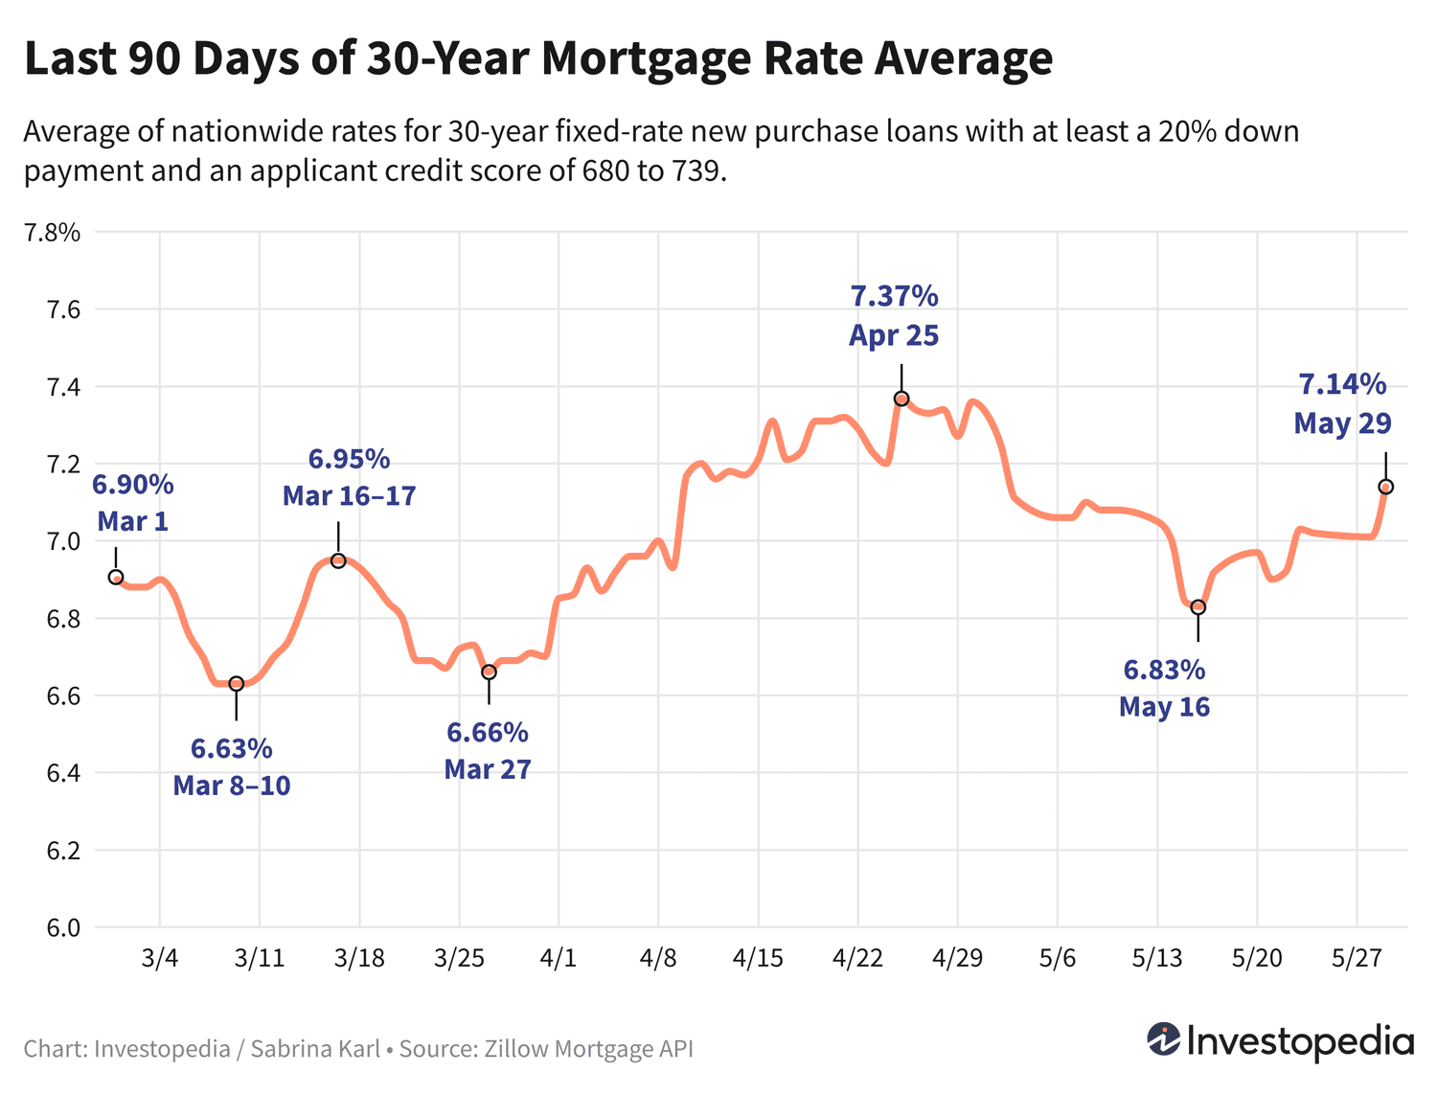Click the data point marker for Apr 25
(901, 399)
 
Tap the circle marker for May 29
(1385, 488)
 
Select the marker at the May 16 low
(1197, 607)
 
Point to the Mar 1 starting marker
(116, 578)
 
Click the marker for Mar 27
(489, 672)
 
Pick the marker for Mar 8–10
(236, 684)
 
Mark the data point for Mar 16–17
(338, 560)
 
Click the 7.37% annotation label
(894, 296)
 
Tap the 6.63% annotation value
(231, 747)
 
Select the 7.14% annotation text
(1342, 384)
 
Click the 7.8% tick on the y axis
(52, 233)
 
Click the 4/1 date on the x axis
(559, 959)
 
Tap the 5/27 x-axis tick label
(1357, 959)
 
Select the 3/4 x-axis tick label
(159, 959)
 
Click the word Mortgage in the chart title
(646, 59)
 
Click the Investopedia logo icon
(1163, 1039)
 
